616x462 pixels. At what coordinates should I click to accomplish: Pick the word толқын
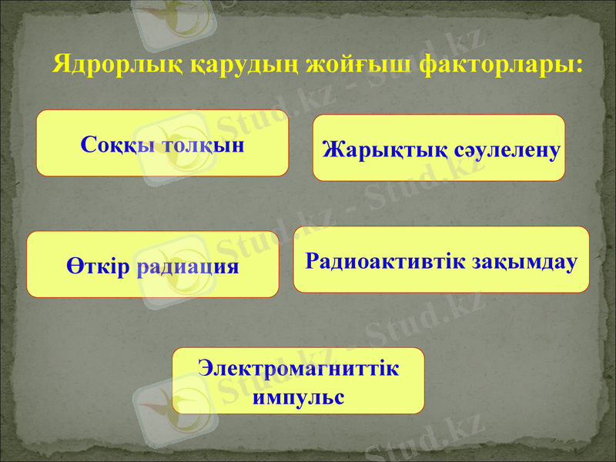(204, 144)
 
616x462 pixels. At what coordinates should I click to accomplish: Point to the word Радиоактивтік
(385, 260)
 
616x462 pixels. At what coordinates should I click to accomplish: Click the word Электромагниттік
(298, 368)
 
